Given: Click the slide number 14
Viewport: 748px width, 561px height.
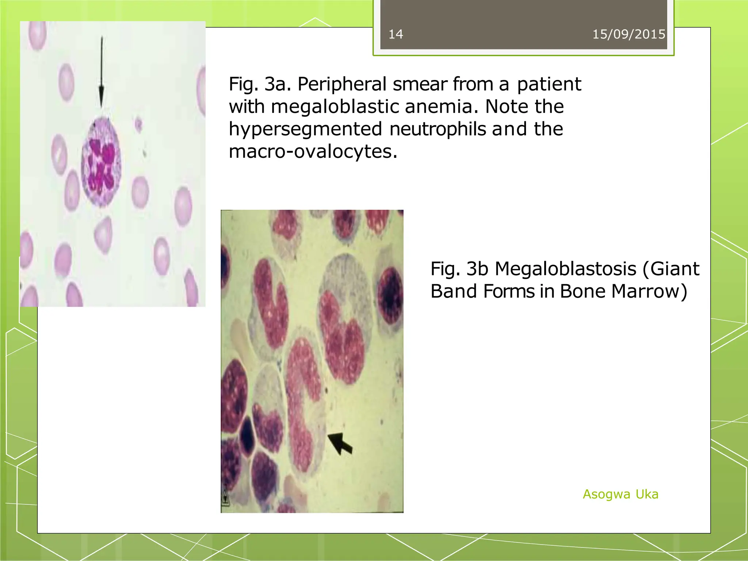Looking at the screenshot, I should point(396,34).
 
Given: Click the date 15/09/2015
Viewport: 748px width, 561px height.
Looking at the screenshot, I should point(629,34).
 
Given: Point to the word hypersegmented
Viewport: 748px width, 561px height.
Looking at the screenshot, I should point(305,130).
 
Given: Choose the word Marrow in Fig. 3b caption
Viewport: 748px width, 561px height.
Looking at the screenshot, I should point(649,291).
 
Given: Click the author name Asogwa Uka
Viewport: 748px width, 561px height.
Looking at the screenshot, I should point(620,494).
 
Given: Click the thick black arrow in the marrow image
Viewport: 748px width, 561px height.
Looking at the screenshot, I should point(340,443).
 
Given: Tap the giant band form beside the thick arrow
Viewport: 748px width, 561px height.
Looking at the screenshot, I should point(303,402).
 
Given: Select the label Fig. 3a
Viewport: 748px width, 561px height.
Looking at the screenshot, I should point(260,84).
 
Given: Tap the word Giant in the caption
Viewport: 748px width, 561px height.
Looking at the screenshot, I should point(671,269).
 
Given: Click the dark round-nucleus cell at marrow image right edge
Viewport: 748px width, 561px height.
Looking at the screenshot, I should point(390,296).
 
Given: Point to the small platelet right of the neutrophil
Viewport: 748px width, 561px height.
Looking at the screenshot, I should point(138,124).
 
